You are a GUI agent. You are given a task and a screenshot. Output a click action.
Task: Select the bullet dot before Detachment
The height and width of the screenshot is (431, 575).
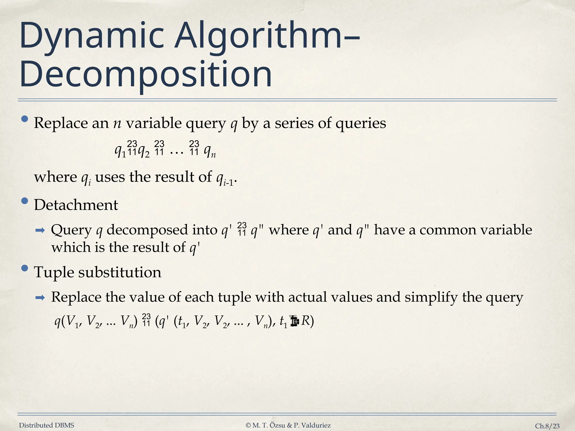[25, 201]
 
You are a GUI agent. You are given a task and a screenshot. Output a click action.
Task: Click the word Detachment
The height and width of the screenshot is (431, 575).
[76, 205]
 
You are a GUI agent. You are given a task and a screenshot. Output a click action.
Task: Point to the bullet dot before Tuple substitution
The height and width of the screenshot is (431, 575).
[25, 268]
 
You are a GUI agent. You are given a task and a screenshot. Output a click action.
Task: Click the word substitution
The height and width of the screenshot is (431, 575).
[120, 272]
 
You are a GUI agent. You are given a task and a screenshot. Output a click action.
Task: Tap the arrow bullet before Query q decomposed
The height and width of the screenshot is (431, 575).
[40, 231]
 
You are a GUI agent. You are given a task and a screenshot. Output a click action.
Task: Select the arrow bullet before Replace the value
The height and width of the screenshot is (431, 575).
[40, 298]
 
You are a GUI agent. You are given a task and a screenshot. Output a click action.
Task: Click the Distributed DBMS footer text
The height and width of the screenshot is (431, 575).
[47, 425]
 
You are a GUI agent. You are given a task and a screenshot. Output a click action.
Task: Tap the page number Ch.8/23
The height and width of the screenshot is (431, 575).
[547, 426]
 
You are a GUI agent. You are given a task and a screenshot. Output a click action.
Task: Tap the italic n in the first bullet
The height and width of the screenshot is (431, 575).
[117, 123]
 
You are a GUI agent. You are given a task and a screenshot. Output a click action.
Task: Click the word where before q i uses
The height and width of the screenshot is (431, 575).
[55, 177]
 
